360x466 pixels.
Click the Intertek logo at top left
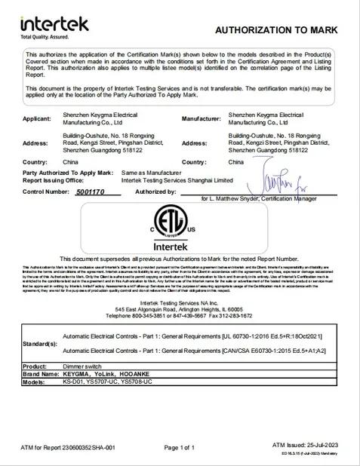tap(54, 25)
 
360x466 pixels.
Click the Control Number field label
tap(48, 192)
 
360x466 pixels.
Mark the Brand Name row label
tap(42, 373)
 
